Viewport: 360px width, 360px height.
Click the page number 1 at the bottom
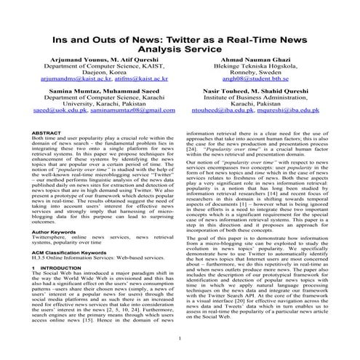click(x=180, y=340)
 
